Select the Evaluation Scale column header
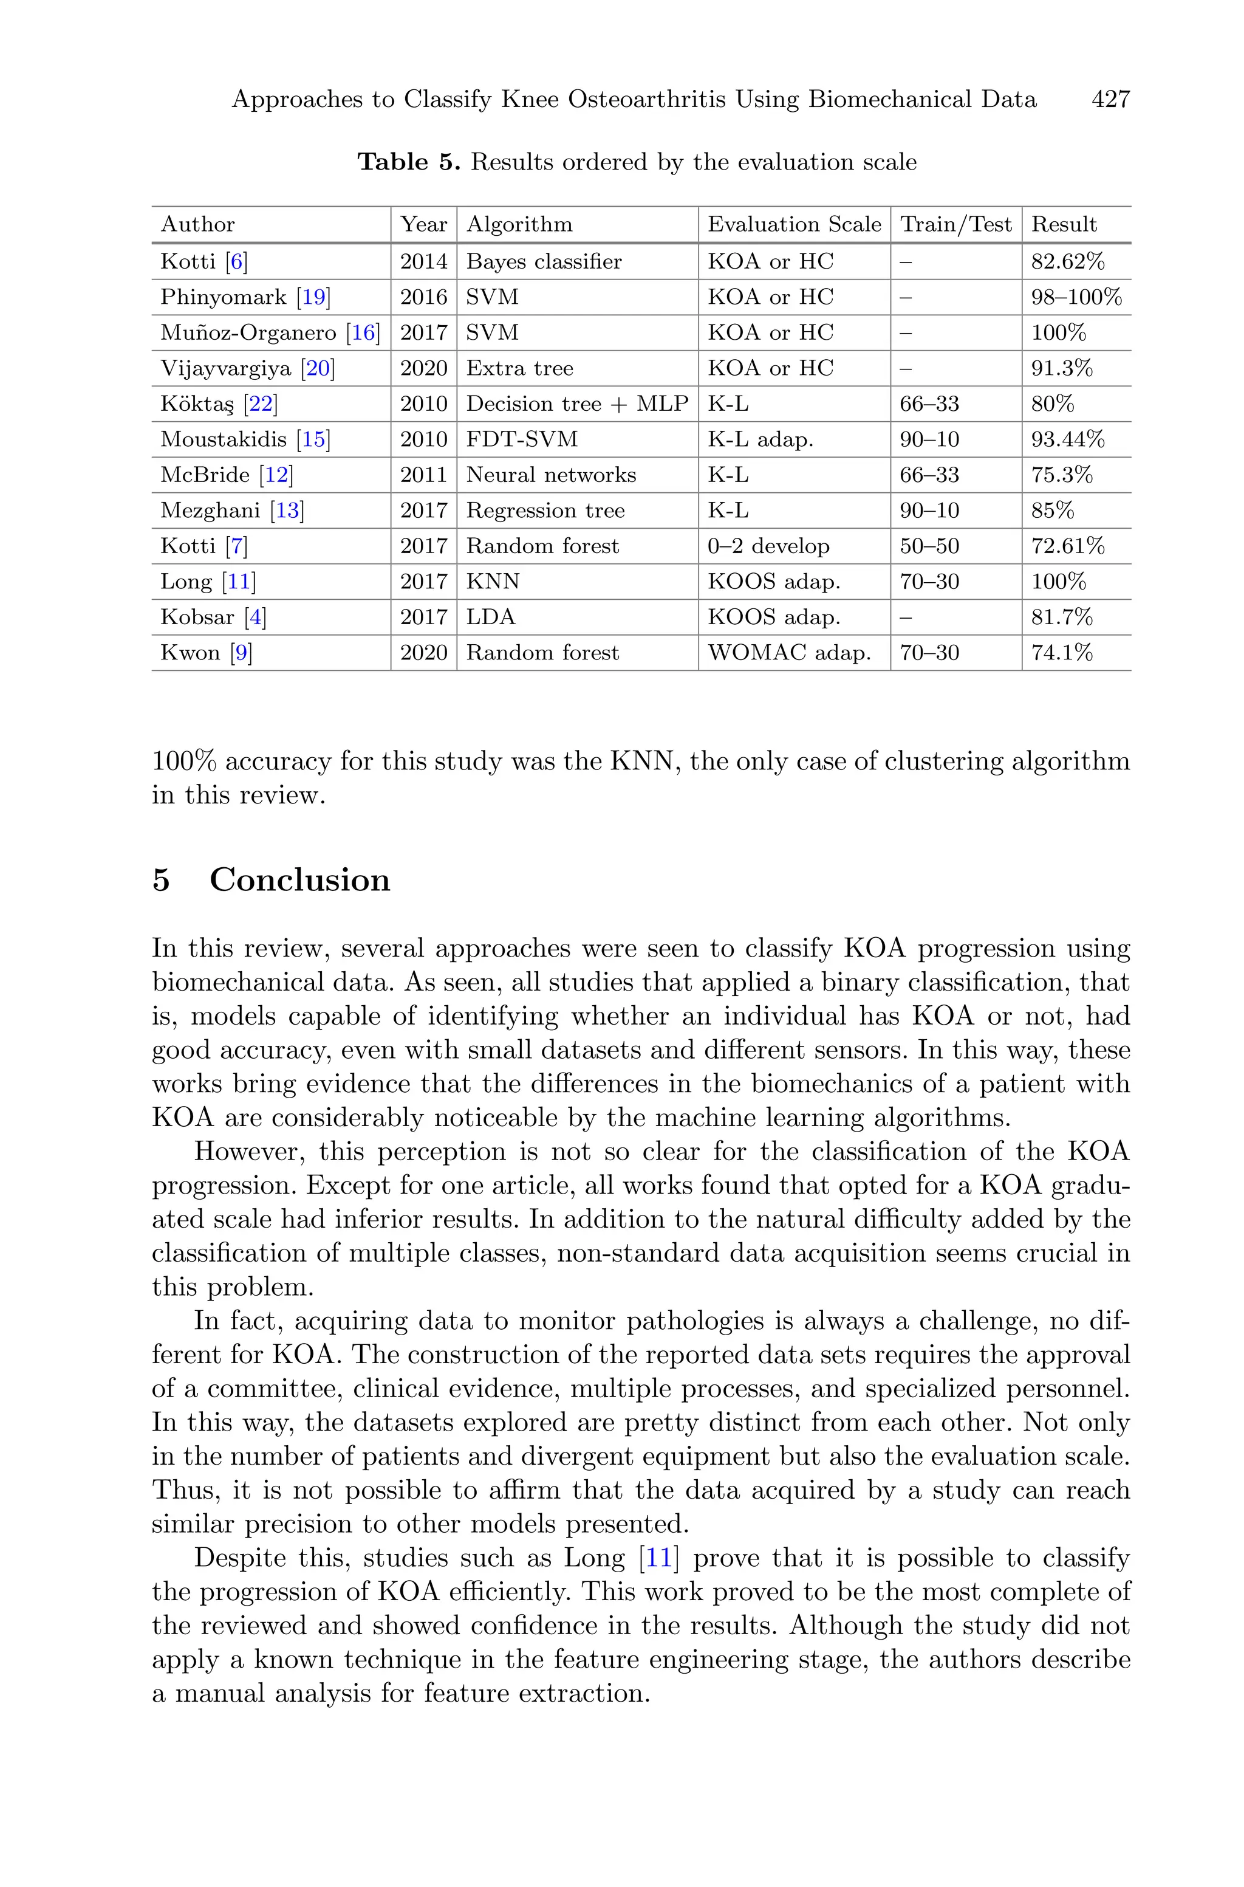click(793, 225)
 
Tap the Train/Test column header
click(955, 225)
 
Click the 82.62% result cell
click(1067, 262)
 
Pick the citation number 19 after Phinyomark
click(314, 298)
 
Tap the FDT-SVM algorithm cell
click(521, 439)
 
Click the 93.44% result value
click(1067, 439)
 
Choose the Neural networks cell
click(550, 475)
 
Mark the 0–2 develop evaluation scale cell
click(768, 546)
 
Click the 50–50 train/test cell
click(929, 546)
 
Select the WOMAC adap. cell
click(788, 653)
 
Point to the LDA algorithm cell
click(490, 617)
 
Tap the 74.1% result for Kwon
click(1062, 653)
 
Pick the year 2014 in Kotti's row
click(423, 262)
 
